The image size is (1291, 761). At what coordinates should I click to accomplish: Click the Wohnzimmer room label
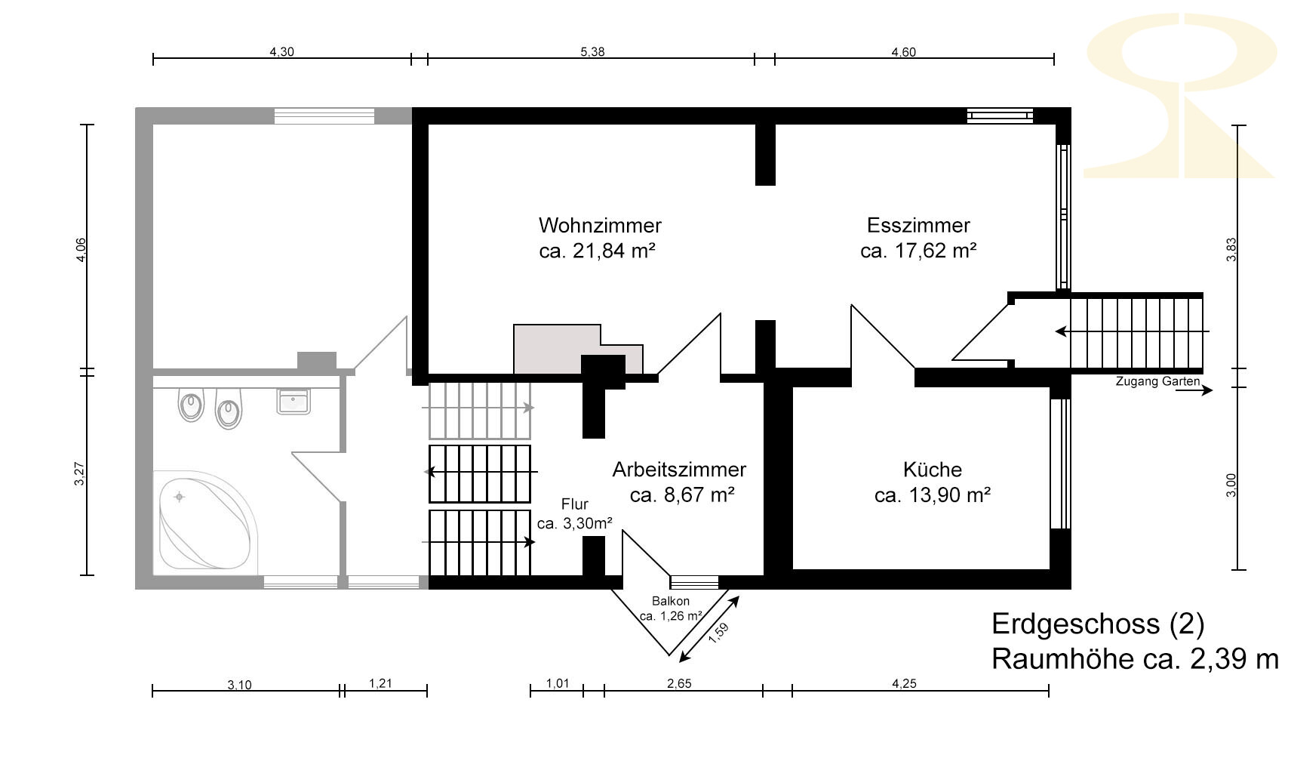600,225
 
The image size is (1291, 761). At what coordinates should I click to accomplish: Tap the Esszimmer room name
918,225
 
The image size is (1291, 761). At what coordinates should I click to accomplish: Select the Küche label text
933,470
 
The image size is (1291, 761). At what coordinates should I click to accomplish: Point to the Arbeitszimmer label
679,470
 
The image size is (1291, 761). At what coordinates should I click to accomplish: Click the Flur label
575,504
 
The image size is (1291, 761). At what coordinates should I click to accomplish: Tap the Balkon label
670,601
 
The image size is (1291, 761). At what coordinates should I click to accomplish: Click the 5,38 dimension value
592,52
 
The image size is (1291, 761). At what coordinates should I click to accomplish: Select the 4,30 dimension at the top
282,52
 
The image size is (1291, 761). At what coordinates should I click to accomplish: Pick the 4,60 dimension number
904,52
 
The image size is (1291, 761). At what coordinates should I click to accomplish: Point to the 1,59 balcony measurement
719,633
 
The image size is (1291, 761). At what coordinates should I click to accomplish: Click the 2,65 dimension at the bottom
680,684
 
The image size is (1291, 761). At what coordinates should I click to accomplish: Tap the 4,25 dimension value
904,684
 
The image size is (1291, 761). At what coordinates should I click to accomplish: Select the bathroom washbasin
294,401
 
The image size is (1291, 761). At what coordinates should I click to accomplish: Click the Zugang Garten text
1158,381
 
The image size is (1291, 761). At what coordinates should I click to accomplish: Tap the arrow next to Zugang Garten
1194,391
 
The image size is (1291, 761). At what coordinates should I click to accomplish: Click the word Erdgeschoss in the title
1075,624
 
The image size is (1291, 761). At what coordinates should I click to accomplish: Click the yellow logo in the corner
1180,95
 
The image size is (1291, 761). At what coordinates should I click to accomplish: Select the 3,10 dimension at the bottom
240,685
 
